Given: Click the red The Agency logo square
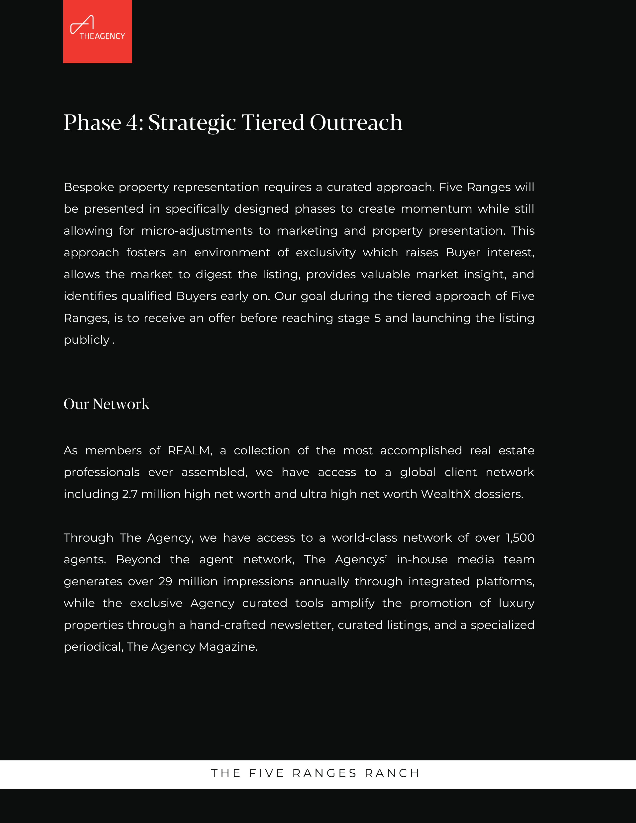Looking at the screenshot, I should pyautogui.click(x=98, y=32).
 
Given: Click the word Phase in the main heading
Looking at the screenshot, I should pyautogui.click(x=92, y=123).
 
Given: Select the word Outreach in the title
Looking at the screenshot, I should pyautogui.click(x=356, y=123).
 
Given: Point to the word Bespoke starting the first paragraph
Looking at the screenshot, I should pyautogui.click(x=89, y=187).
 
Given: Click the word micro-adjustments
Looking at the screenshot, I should pyautogui.click(x=197, y=231).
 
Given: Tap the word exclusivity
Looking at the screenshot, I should pyautogui.click(x=325, y=252).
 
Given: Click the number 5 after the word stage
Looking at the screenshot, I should pyautogui.click(x=378, y=318).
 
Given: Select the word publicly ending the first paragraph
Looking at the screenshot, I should pyautogui.click(x=87, y=340).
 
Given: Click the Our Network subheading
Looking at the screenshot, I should pyautogui.click(x=107, y=404).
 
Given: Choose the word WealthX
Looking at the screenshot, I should pyautogui.click(x=446, y=494).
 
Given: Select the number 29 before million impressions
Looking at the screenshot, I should pyautogui.click(x=165, y=581).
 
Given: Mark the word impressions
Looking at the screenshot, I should pyautogui.click(x=258, y=581).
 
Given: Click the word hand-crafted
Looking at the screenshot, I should pyautogui.click(x=227, y=625).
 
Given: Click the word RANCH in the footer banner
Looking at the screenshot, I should pyautogui.click(x=392, y=773).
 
